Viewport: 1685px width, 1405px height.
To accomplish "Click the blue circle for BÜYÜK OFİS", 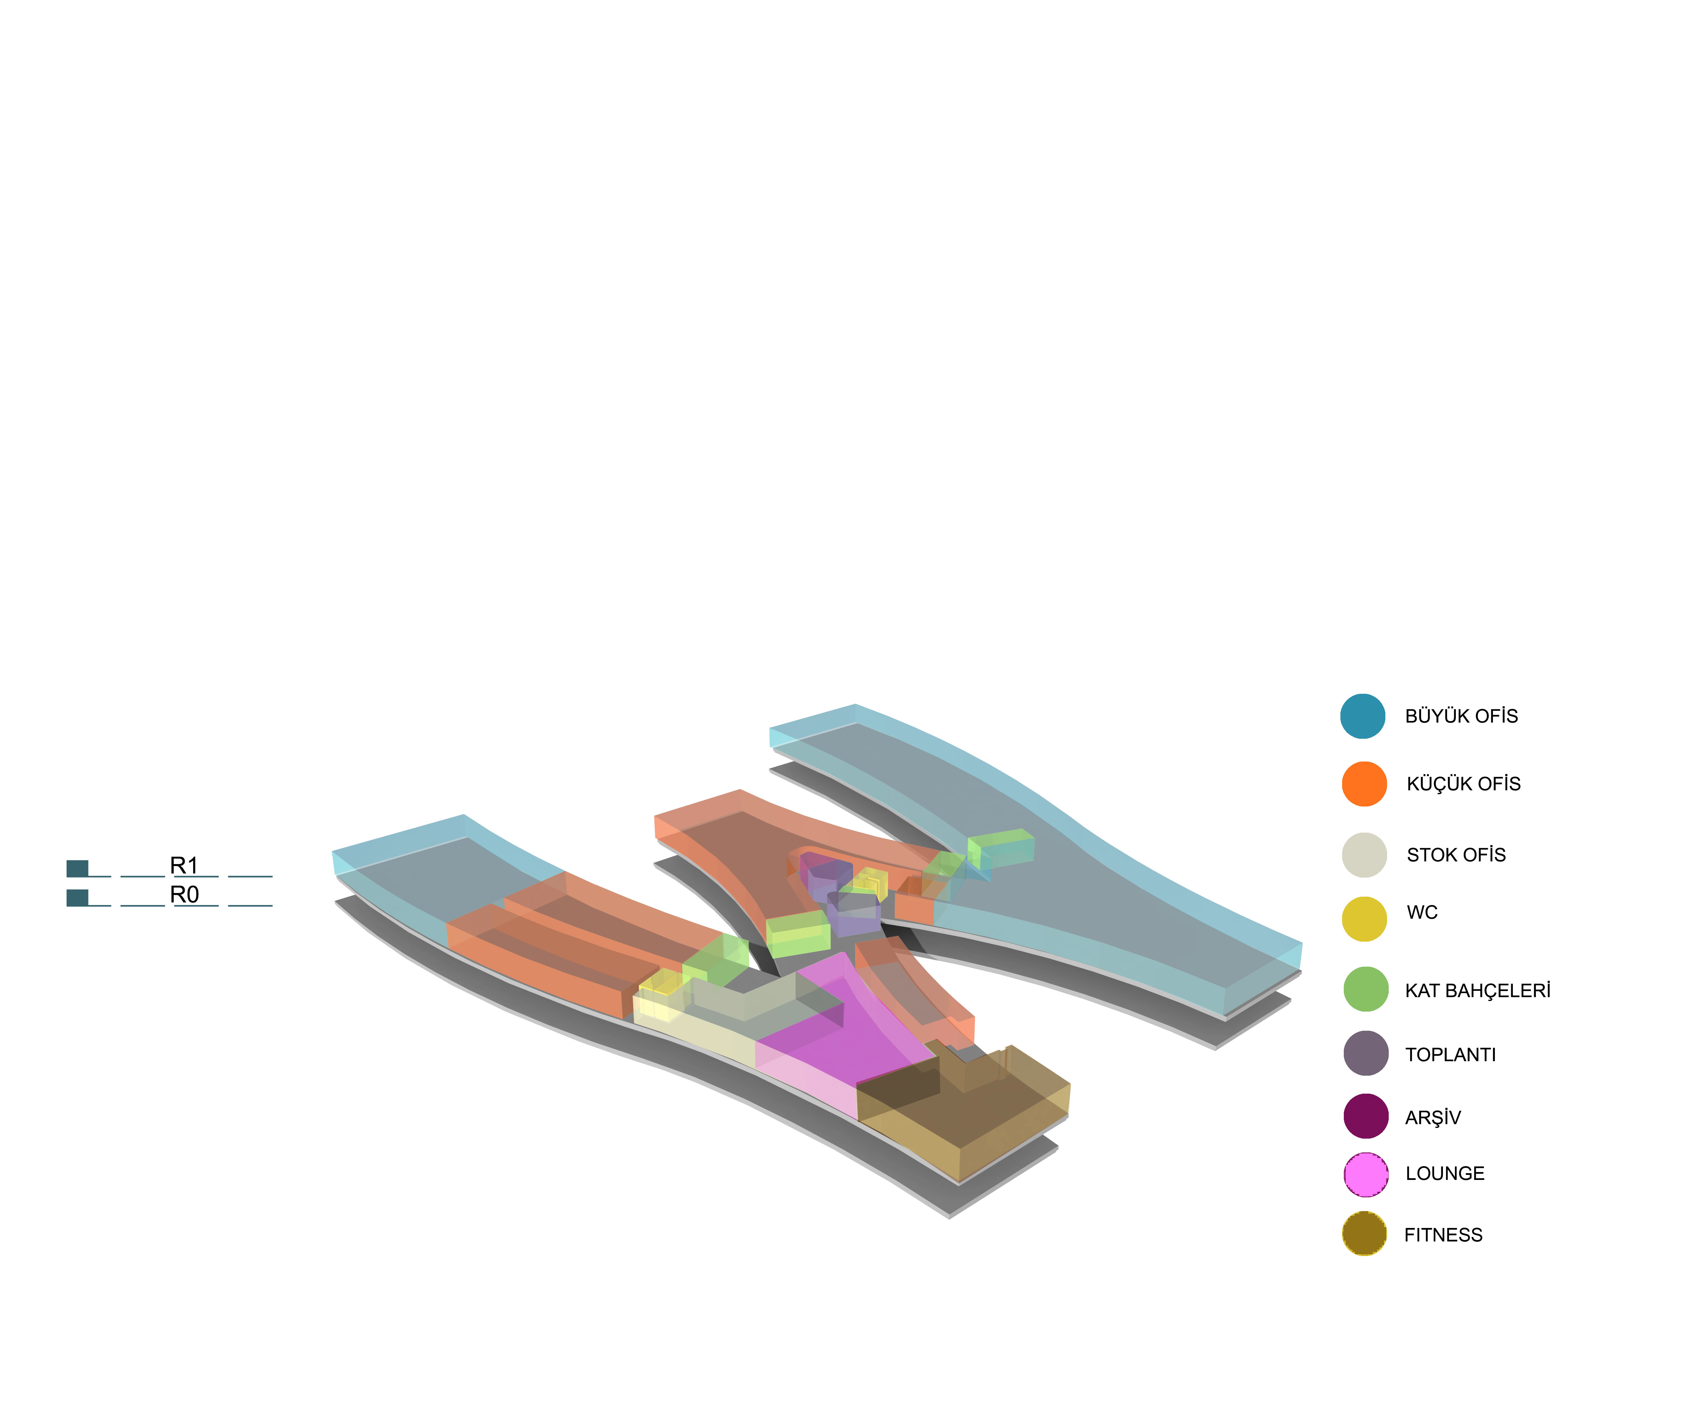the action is (x=1362, y=716).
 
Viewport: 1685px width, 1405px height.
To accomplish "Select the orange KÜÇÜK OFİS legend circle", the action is (x=1364, y=784).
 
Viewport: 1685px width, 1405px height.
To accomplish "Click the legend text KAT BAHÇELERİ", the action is (x=1477, y=990).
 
